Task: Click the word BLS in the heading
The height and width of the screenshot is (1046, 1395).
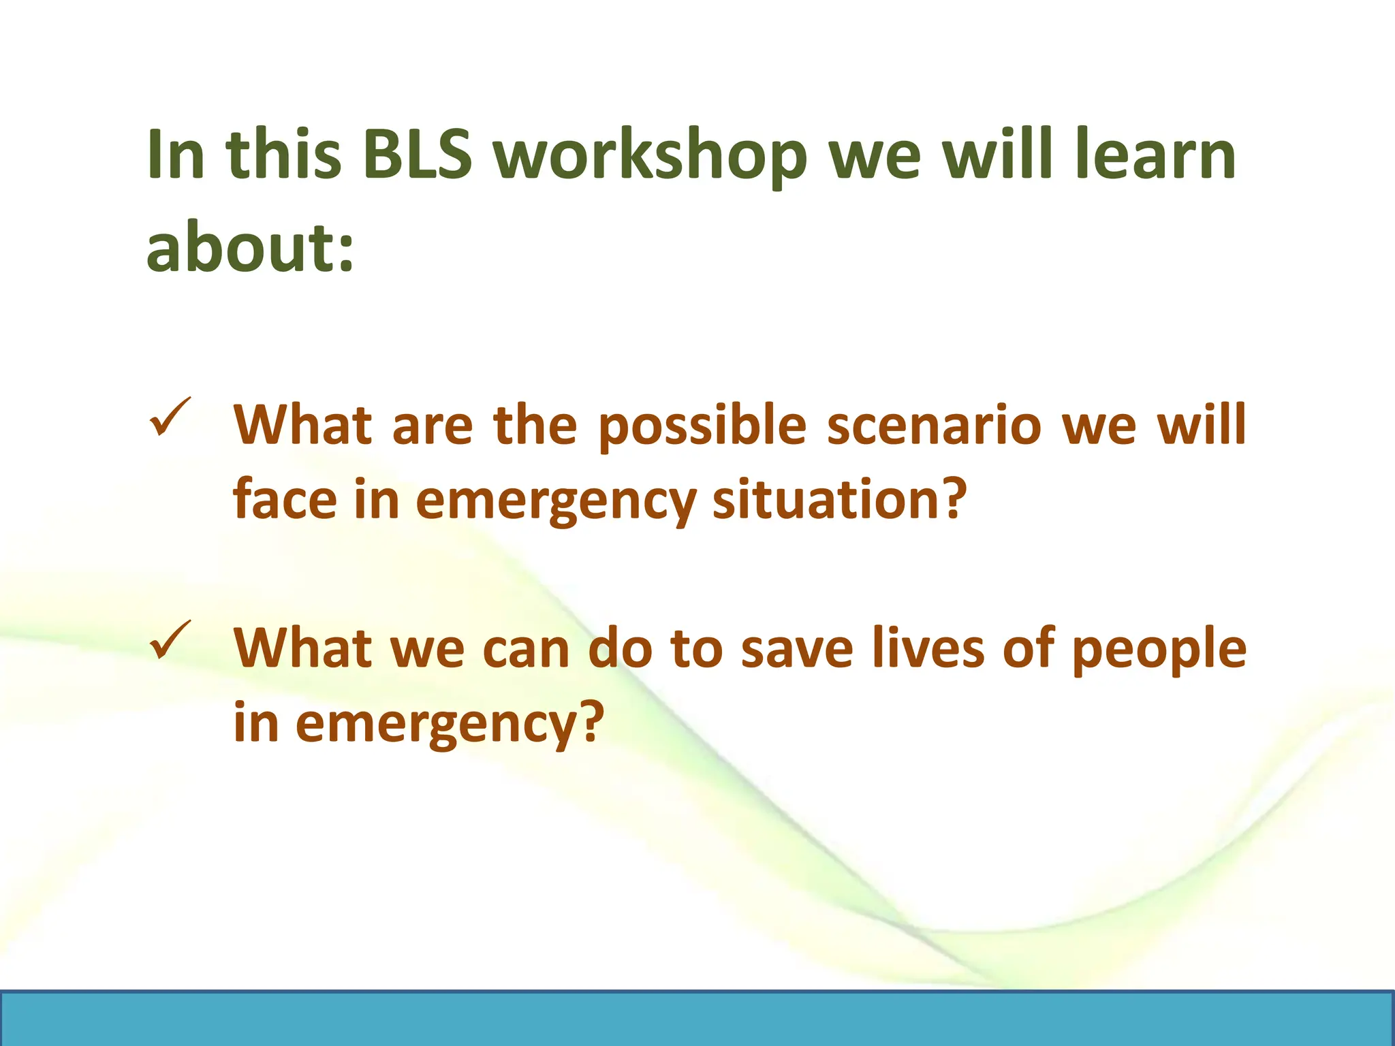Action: click(x=417, y=155)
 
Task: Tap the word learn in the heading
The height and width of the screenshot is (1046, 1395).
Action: click(x=1155, y=155)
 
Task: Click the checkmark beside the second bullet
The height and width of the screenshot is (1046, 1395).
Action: click(x=170, y=639)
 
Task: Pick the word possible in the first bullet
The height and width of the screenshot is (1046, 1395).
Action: click(x=702, y=426)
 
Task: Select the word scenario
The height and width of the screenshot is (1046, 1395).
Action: click(x=935, y=425)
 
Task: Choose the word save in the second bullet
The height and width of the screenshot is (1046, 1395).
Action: click(x=796, y=648)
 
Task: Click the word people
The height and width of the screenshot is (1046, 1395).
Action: click(x=1159, y=650)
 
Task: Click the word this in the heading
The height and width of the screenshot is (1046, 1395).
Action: click(x=283, y=155)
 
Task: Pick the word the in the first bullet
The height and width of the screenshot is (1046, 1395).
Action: click(x=535, y=425)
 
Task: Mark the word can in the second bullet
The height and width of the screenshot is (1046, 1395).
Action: click(x=526, y=648)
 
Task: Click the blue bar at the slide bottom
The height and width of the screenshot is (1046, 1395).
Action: click(x=697, y=1019)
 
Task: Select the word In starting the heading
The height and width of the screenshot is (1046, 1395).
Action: click(x=176, y=155)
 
